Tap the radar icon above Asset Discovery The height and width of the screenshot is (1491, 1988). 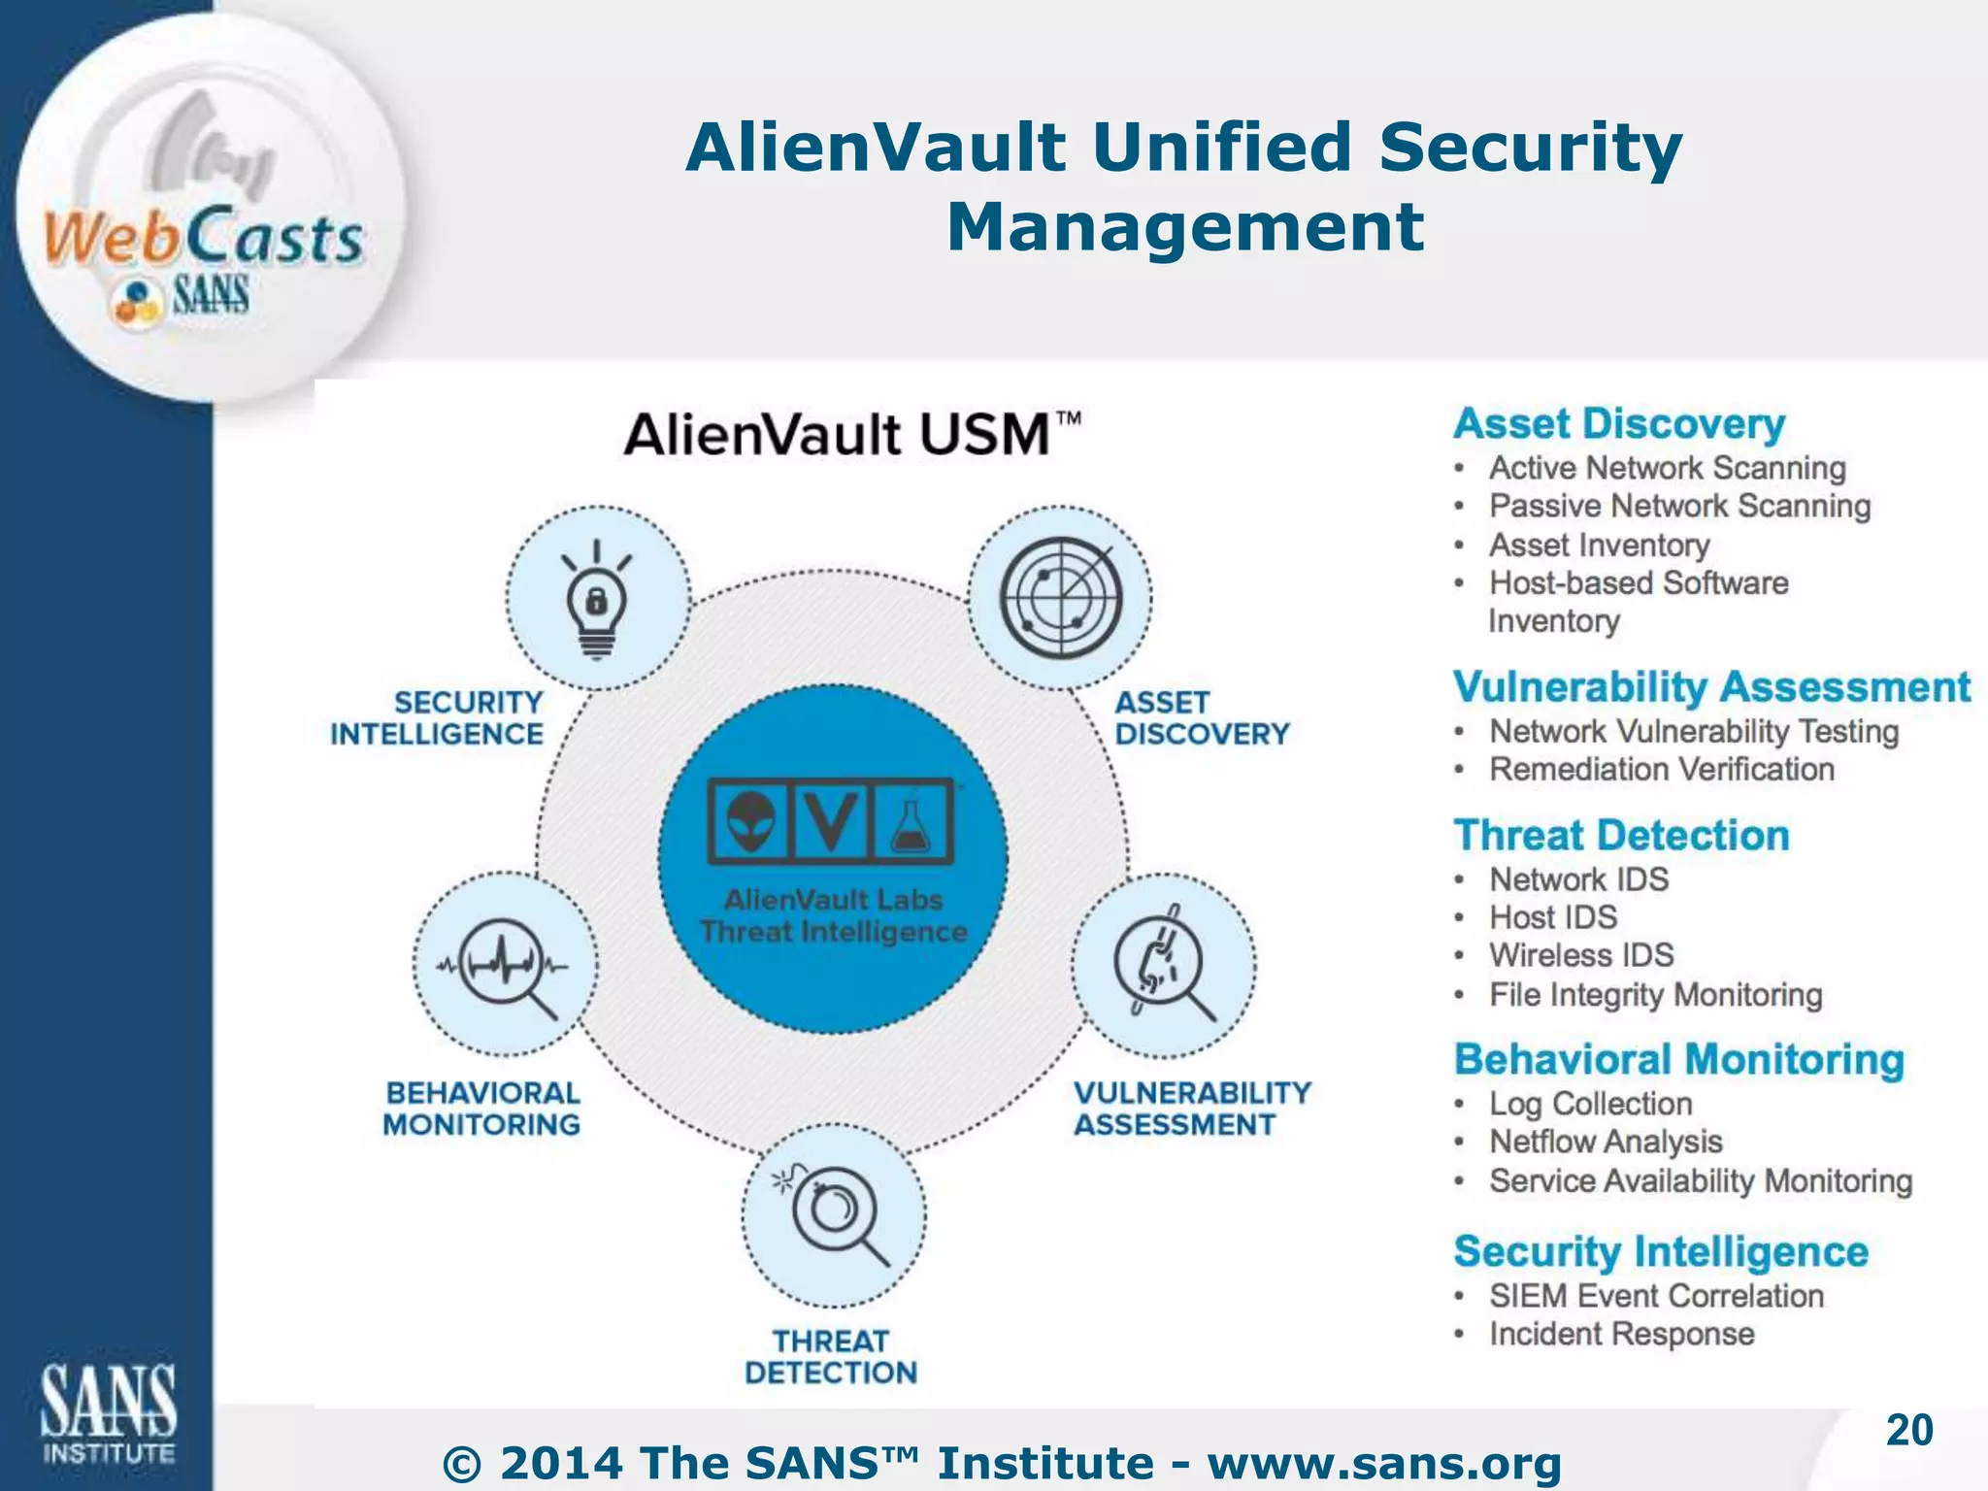[1060, 597]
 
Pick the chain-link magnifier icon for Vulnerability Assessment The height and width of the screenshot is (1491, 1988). [1162, 964]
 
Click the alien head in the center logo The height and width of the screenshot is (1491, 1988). [751, 820]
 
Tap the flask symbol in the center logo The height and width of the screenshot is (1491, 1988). [911, 821]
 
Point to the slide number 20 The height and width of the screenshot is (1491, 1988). [1908, 1430]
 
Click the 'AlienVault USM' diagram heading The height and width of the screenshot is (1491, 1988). [852, 434]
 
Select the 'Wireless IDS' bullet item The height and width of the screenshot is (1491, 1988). [1581, 955]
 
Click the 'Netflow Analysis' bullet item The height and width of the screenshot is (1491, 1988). [1606, 1142]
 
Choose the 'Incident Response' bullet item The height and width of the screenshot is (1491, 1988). [1621, 1334]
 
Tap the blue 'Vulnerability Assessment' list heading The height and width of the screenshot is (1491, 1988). [1711, 686]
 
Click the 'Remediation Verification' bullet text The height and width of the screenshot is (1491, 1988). [1661, 769]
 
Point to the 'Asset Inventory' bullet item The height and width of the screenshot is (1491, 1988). [1599, 545]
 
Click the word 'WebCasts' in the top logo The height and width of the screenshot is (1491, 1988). [204, 238]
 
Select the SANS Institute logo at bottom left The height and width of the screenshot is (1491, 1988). [108, 1412]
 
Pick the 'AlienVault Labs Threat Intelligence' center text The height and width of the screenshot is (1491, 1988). [833, 915]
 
